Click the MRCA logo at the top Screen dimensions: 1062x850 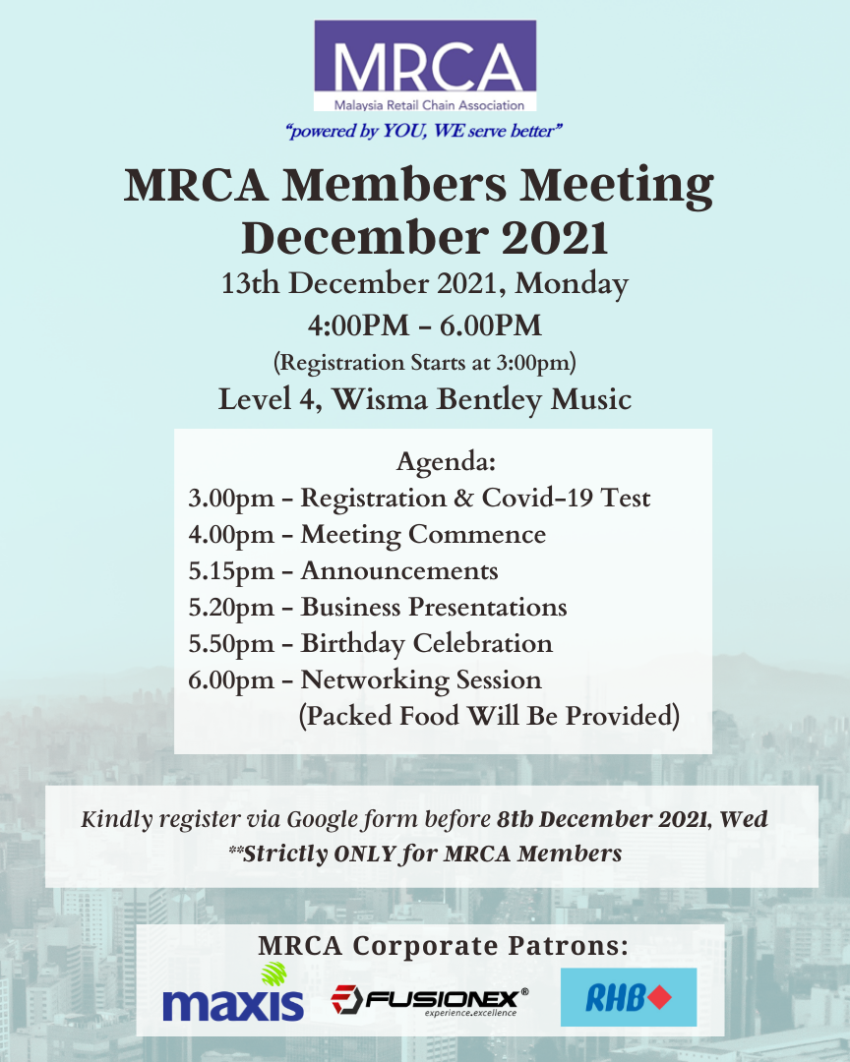[425, 65]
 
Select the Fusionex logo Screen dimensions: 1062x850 [429, 1001]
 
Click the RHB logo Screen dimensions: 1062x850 [628, 998]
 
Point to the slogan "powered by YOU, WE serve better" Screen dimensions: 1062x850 [424, 131]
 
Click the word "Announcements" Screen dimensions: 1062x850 [399, 571]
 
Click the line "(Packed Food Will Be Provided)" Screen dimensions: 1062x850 [488, 716]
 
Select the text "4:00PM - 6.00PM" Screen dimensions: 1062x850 [425, 324]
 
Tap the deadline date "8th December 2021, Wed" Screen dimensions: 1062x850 [632, 818]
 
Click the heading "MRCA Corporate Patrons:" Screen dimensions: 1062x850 [443, 946]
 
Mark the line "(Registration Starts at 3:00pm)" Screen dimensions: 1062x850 [424, 362]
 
